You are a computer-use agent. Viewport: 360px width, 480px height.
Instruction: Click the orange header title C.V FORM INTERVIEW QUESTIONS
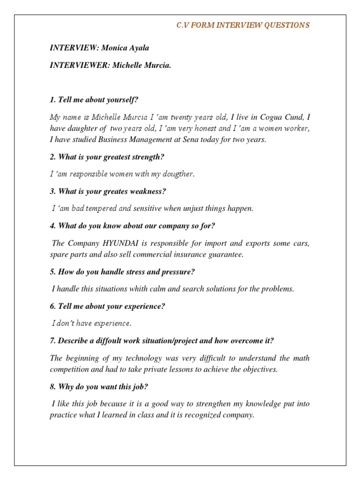point(243,25)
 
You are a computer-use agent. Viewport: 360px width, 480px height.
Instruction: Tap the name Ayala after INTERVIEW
point(139,48)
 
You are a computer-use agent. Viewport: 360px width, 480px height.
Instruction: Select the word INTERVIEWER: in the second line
point(79,65)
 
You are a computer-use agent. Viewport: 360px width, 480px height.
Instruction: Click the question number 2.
point(52,157)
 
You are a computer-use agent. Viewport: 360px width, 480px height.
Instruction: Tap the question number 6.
point(52,306)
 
